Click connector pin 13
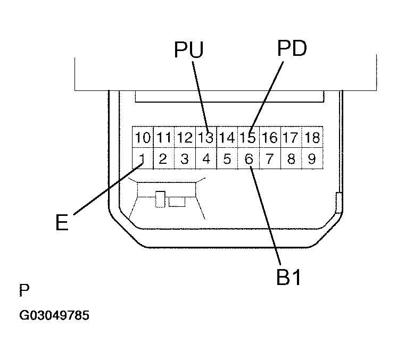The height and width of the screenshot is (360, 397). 205,138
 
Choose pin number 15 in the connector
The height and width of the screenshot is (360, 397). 248,138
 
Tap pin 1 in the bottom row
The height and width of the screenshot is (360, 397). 142,158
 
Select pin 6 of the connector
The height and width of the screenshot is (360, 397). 248,158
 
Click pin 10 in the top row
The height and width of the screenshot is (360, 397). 142,138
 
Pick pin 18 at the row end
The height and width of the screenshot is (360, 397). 312,138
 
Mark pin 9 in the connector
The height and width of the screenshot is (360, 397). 312,158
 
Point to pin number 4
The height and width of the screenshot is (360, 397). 205,158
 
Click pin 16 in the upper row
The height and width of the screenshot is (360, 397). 269,138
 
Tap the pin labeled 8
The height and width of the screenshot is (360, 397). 291,158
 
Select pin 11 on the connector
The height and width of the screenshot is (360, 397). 163,138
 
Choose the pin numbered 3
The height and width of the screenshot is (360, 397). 184,158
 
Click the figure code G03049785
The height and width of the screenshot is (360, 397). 54,315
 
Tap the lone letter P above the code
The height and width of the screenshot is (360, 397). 24,290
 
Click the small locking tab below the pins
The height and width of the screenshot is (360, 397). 160,199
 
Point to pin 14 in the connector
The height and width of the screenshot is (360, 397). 227,138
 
